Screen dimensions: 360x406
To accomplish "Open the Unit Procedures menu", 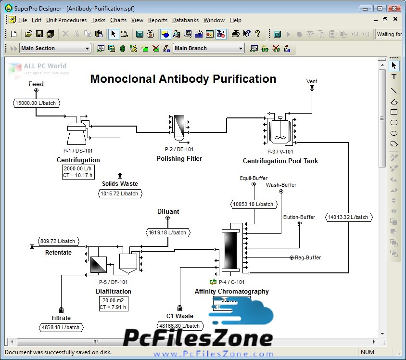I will (66, 20).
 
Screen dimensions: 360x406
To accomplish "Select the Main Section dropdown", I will (55, 48).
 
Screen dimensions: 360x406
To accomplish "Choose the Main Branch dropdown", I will (209, 48).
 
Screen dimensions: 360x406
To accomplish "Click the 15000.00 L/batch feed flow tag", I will (36, 103).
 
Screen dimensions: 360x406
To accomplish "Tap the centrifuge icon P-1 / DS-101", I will (77, 131).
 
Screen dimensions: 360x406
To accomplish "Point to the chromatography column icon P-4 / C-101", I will (231, 250).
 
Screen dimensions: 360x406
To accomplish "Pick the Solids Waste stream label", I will (120, 183).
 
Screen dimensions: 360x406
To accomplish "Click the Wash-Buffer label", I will (281, 185).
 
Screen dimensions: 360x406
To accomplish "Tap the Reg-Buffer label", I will (307, 257).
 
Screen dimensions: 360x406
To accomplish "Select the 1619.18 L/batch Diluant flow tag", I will (167, 232).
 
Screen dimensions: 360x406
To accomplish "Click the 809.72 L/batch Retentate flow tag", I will (58, 241).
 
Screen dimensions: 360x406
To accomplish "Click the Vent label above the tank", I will (312, 81).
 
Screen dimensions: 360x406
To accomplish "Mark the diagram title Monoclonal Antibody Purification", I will (183, 79).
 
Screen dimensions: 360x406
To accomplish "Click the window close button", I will (394, 8).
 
